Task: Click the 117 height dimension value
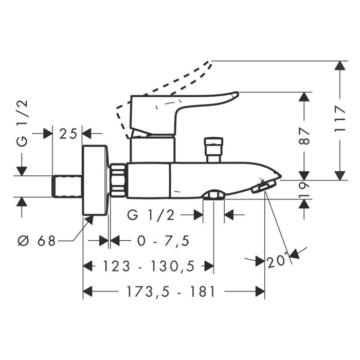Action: click(x=339, y=119)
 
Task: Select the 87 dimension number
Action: click(x=305, y=135)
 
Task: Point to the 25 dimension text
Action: click(x=68, y=134)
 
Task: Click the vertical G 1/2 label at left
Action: click(x=22, y=123)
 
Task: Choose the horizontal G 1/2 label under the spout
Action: click(x=151, y=215)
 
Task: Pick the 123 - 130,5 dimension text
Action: click(x=148, y=266)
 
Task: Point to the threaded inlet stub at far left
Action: click(x=68, y=186)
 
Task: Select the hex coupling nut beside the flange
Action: click(x=118, y=180)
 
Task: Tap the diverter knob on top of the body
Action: click(x=212, y=149)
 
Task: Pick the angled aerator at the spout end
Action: click(x=262, y=188)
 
